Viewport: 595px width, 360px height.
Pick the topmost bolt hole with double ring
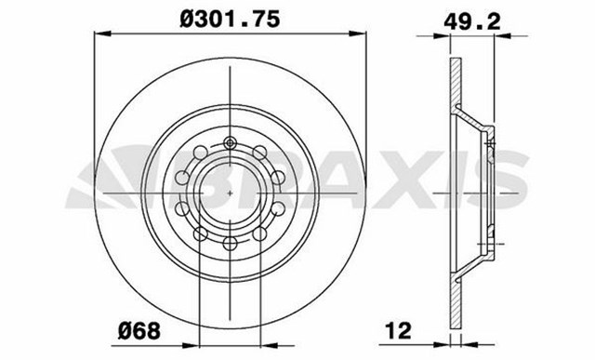(230, 144)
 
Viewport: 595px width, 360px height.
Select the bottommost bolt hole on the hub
(230, 245)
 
